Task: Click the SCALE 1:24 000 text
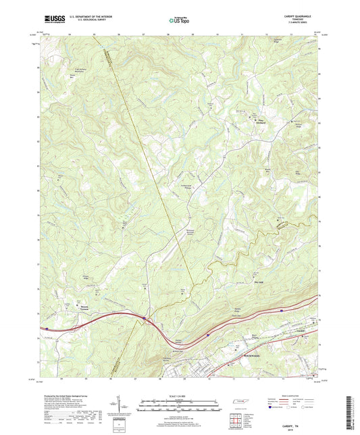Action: coord(180,396)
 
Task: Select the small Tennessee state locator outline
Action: coord(240,403)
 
